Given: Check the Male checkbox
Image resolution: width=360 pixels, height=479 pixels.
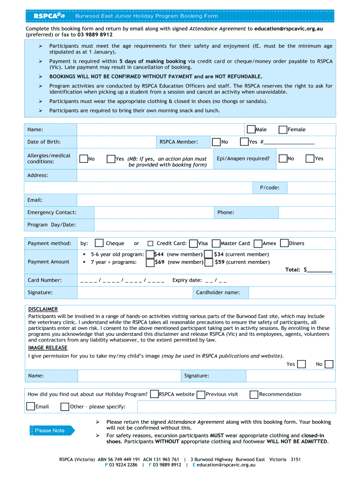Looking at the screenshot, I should [251, 130].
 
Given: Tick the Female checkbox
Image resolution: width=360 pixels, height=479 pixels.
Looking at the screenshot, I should [283, 130].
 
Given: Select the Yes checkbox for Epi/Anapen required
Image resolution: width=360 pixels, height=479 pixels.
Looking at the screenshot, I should [310, 159].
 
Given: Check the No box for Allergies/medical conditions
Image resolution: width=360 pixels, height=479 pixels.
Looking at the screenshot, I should [84, 159].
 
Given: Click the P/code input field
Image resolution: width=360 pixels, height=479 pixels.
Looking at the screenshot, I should [311, 188].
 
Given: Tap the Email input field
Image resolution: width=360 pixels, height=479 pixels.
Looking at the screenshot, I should [206, 200].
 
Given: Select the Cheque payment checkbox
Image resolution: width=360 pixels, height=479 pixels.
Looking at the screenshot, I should [99, 243].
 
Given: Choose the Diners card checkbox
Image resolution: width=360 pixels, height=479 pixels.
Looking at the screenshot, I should [284, 243].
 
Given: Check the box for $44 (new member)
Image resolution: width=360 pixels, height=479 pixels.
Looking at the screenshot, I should [150, 254].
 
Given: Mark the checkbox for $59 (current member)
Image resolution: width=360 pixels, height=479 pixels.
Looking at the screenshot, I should [209, 262].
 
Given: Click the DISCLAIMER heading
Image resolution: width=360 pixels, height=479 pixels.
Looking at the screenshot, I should [43, 309].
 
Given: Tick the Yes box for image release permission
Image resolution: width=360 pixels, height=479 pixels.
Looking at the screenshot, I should [302, 364].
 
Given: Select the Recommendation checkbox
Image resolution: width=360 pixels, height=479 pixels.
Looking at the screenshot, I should [254, 394].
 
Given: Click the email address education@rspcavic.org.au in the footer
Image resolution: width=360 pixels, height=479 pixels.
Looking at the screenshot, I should [226, 465].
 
